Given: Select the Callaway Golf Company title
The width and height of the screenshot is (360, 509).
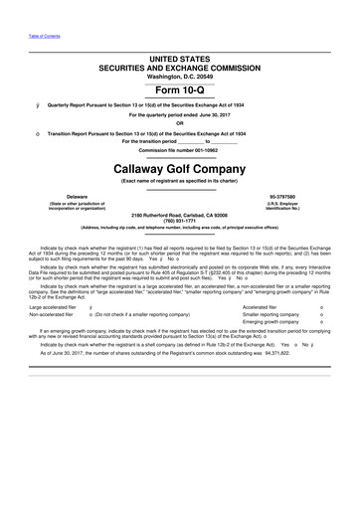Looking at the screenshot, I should click(x=179, y=169).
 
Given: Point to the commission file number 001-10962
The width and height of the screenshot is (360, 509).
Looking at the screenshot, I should click(x=179, y=150).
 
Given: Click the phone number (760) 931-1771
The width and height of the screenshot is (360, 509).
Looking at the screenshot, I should click(x=179, y=221).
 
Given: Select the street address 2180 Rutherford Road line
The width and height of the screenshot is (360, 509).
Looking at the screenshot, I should click(x=179, y=215).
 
